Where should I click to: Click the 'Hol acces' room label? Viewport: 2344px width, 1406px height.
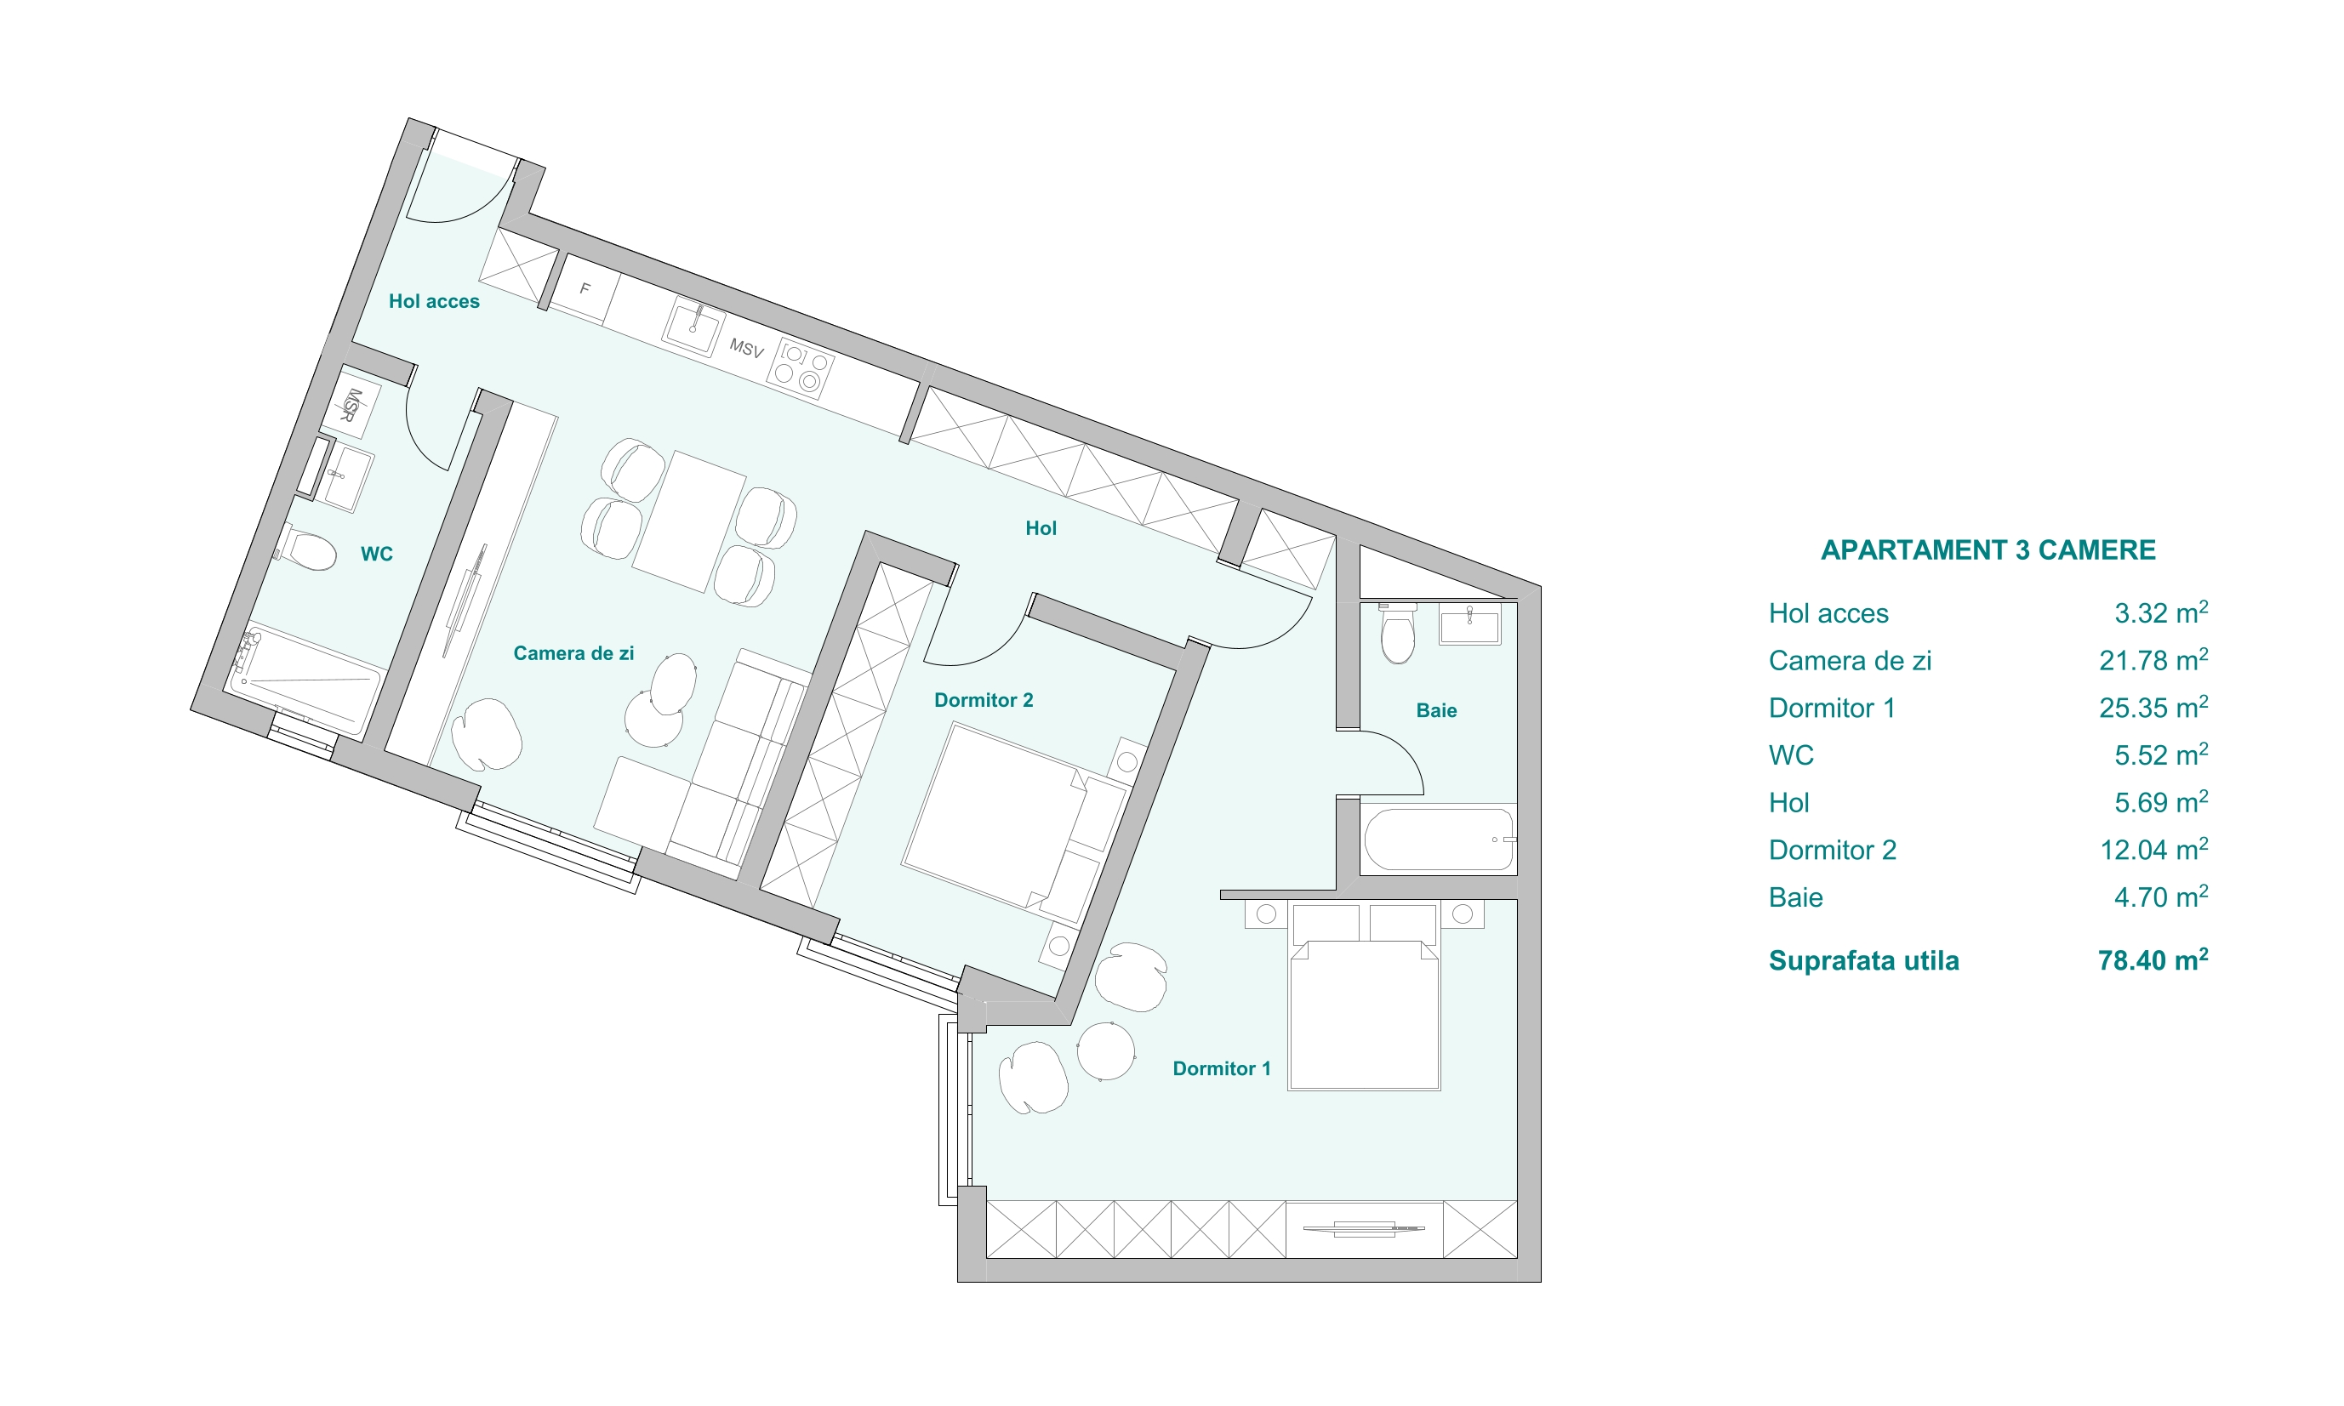click(x=434, y=301)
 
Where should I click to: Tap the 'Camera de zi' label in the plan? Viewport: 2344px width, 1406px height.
click(x=573, y=652)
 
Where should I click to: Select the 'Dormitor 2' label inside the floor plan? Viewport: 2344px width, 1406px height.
click(x=984, y=700)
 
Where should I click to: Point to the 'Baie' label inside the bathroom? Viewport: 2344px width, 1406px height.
click(x=1436, y=710)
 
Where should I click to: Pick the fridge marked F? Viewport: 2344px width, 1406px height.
click(x=585, y=289)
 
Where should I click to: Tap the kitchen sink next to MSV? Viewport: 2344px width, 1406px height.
click(x=693, y=327)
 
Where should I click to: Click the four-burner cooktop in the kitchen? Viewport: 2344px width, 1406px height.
click(x=801, y=368)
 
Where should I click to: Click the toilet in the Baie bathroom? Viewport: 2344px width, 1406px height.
click(x=1398, y=632)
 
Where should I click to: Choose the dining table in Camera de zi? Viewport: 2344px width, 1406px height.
click(x=689, y=522)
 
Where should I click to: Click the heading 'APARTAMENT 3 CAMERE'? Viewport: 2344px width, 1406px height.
click(x=1988, y=550)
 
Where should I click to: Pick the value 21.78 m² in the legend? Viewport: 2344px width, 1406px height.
click(x=2153, y=660)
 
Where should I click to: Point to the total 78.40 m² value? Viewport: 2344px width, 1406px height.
click(x=2153, y=960)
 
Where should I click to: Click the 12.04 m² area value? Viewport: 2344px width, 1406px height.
click(x=2153, y=850)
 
